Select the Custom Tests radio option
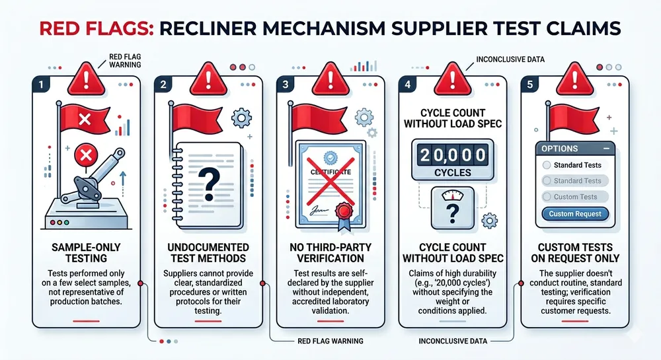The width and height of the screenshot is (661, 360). [x=575, y=197]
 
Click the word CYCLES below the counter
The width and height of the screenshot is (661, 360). [x=452, y=173]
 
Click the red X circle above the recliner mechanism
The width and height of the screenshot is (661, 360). [x=84, y=157]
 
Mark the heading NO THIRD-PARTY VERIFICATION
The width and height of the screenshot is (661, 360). [x=329, y=252]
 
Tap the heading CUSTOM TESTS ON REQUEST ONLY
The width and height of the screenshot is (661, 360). [x=575, y=252]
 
